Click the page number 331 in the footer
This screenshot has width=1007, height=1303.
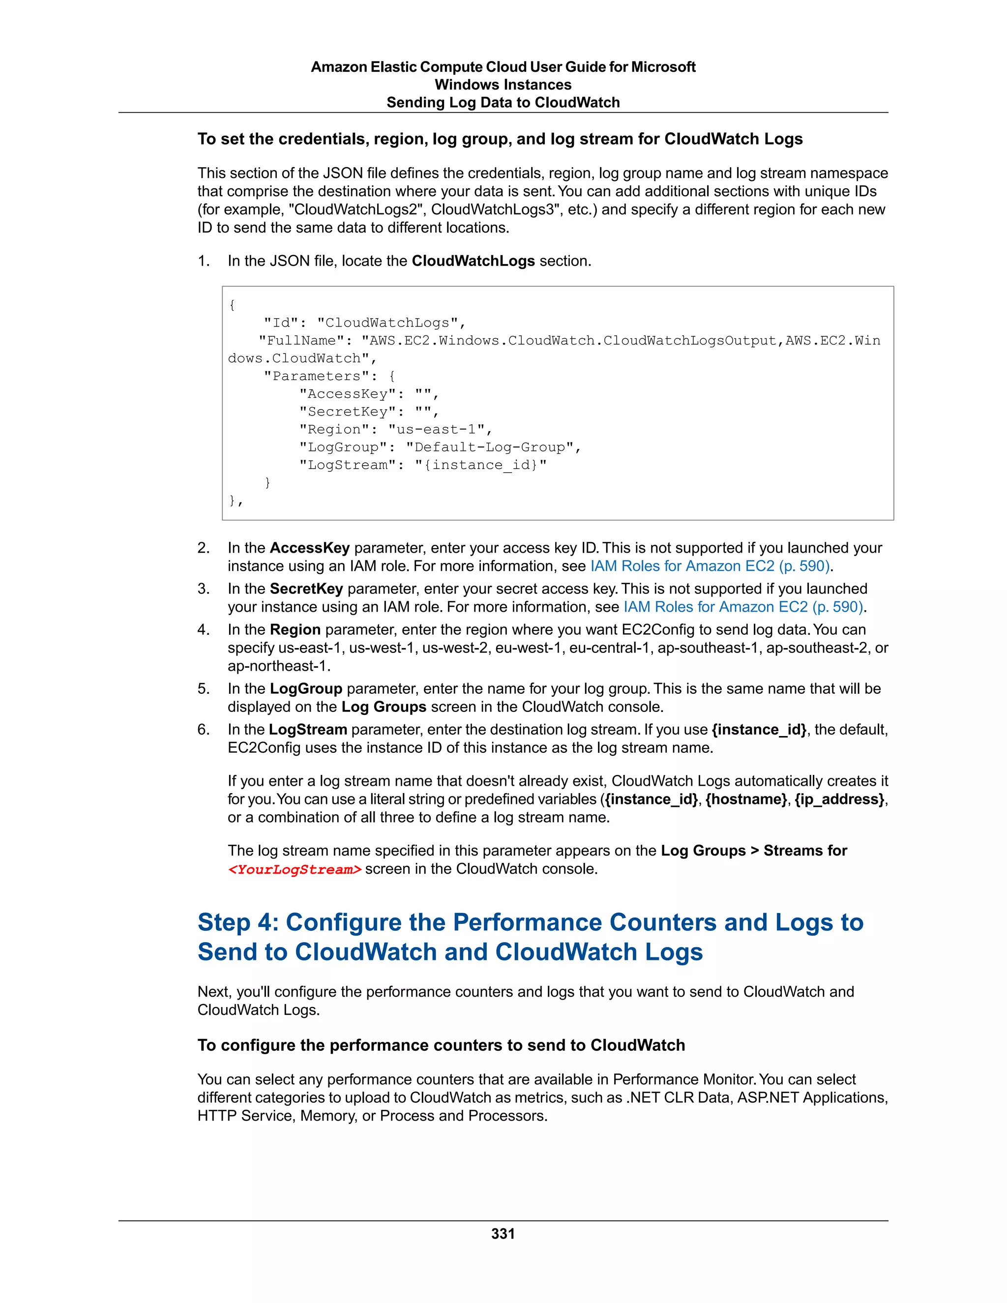[503, 1234]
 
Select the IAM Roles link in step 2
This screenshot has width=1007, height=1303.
[710, 566]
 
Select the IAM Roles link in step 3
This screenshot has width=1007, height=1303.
[743, 607]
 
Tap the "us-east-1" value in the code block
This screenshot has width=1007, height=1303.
[439, 430]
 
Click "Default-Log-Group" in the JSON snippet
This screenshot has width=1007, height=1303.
[493, 447]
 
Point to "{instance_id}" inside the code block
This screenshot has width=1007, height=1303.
[480, 465]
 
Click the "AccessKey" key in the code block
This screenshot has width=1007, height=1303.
[347, 394]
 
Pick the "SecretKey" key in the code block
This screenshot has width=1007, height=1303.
[347, 412]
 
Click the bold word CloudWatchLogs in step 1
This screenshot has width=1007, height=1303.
[473, 261]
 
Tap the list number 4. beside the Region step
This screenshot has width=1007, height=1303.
[204, 630]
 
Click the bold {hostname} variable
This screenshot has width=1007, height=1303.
[746, 800]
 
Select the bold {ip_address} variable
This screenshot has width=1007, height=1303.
[839, 800]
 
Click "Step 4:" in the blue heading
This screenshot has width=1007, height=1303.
[238, 922]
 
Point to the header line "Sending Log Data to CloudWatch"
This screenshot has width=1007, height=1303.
[503, 103]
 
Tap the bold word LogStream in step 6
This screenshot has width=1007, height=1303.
[308, 730]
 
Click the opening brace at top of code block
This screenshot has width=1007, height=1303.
[232, 305]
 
